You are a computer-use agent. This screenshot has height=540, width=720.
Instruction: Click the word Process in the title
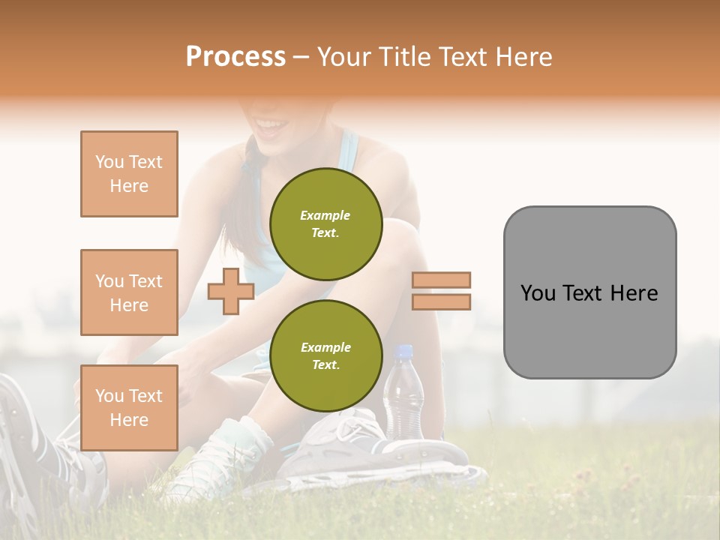pyautogui.click(x=235, y=56)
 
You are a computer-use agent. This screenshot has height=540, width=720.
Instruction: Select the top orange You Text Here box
pyautogui.click(x=129, y=174)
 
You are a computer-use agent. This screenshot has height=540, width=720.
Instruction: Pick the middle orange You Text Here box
pyautogui.click(x=129, y=292)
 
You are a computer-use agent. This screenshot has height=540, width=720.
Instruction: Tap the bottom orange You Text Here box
pyautogui.click(x=129, y=408)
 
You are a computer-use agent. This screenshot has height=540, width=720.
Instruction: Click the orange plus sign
pyautogui.click(x=230, y=291)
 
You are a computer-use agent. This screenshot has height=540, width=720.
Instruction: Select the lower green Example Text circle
pyautogui.click(x=325, y=356)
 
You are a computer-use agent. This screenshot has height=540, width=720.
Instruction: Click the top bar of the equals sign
pyautogui.click(x=441, y=280)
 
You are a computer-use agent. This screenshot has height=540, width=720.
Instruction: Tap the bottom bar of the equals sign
pyautogui.click(x=441, y=301)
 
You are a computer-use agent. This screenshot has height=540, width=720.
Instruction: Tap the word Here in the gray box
pyautogui.click(x=634, y=292)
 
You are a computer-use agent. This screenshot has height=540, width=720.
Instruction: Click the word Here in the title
pyautogui.click(x=523, y=56)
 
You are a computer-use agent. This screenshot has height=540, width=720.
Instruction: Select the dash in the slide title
pyautogui.click(x=301, y=57)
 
